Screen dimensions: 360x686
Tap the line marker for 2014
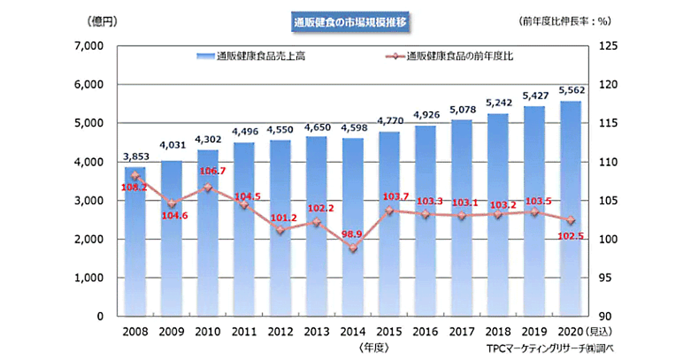[x=353, y=248]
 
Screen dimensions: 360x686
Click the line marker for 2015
[x=389, y=210]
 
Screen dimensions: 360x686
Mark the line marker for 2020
[x=570, y=220]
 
